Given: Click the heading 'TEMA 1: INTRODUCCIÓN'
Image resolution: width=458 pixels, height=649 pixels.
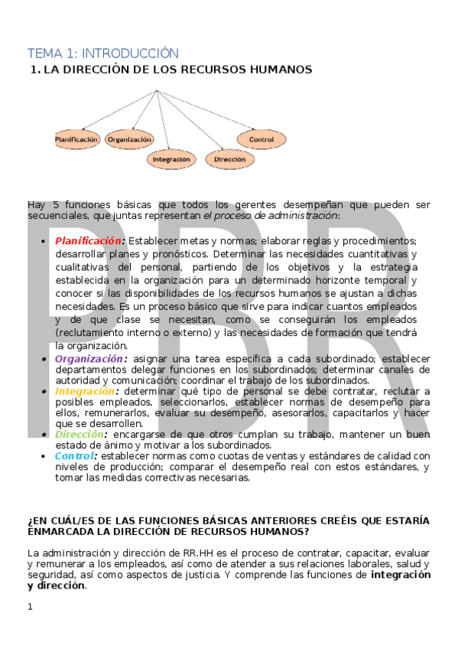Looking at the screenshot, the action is [x=103, y=53].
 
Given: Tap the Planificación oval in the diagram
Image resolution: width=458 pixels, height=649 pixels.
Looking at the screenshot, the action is [x=77, y=140].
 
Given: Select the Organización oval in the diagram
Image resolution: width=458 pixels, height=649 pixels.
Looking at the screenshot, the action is [x=129, y=140].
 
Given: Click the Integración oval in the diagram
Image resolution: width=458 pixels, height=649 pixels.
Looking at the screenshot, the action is [x=171, y=160].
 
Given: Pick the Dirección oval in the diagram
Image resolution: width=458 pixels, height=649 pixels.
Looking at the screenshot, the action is [x=230, y=160].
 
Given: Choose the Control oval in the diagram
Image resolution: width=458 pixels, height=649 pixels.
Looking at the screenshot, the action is [x=261, y=140].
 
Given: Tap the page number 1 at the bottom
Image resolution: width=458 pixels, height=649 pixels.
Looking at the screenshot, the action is [x=31, y=607].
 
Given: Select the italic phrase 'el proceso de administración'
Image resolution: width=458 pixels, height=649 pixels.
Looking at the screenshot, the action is [x=271, y=216].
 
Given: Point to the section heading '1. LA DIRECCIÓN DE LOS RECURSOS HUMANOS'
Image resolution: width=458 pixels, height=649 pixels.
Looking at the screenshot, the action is [x=171, y=70].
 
